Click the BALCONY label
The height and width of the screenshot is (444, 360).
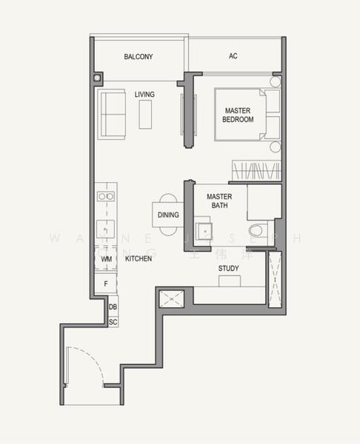(x=139, y=56)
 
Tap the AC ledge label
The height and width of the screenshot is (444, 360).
(x=233, y=56)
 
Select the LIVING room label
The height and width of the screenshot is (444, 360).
(x=144, y=95)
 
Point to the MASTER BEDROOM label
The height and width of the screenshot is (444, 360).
(x=239, y=115)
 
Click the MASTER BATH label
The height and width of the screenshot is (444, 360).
(x=219, y=201)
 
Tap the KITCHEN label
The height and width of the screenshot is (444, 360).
(x=139, y=259)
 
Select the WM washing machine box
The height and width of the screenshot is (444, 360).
(x=106, y=259)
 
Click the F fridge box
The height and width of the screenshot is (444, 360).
(x=106, y=283)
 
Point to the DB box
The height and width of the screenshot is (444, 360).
(x=113, y=307)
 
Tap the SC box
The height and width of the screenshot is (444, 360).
(x=113, y=322)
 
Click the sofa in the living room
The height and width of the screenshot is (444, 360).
(x=112, y=113)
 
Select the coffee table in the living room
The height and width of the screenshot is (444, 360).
(x=145, y=114)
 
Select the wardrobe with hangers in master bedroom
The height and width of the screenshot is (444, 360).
(x=256, y=171)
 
